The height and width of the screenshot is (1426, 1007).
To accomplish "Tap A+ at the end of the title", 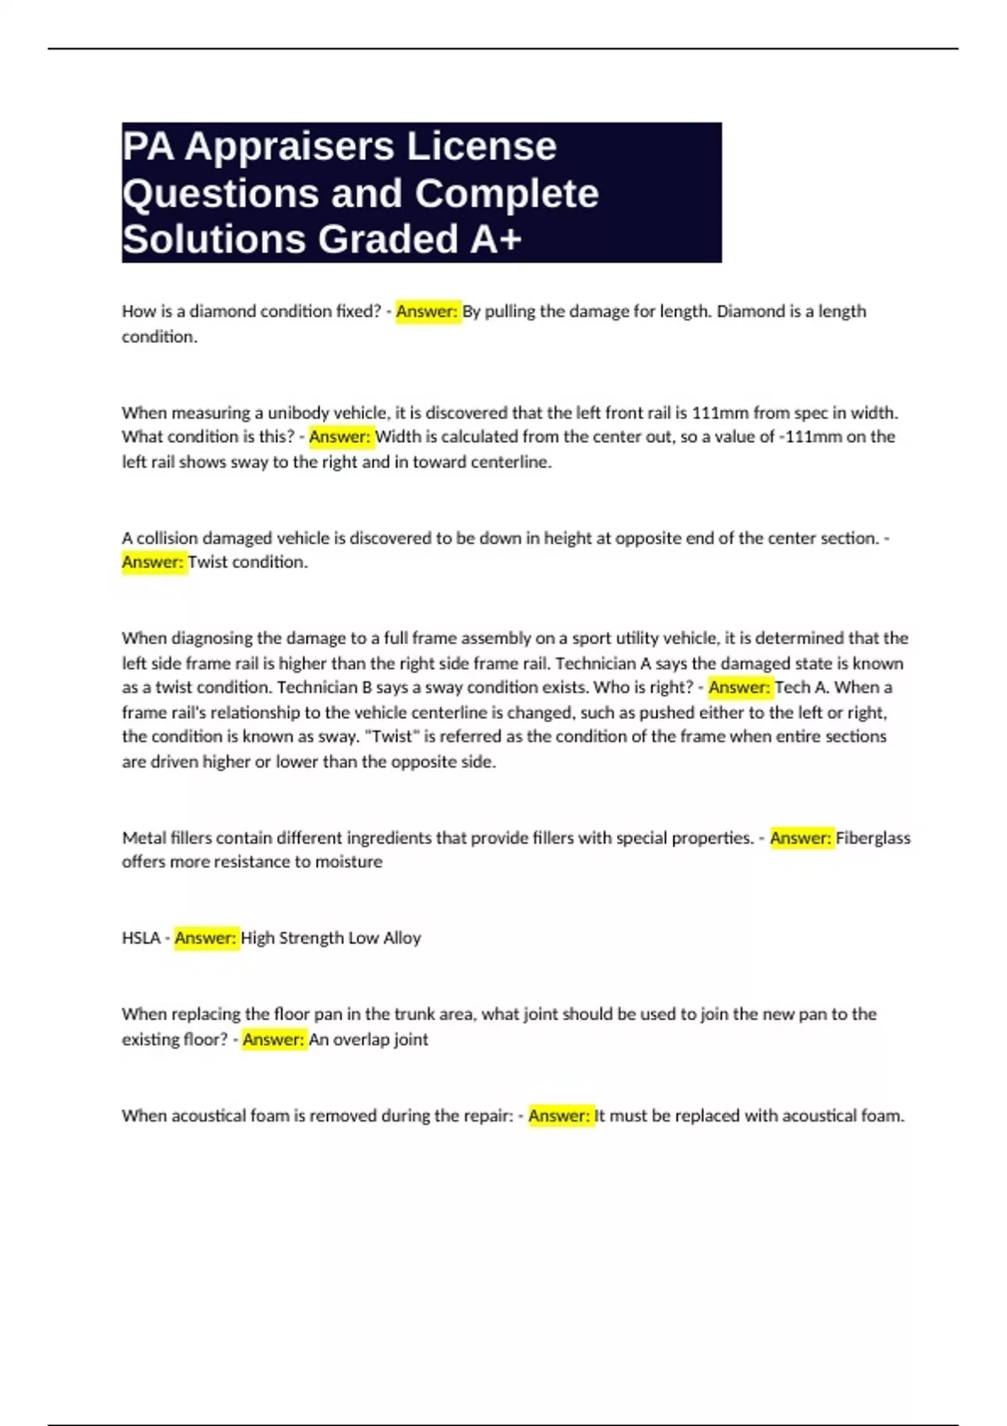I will (x=496, y=239).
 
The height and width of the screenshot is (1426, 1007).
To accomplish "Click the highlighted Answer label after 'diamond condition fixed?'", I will (x=427, y=311).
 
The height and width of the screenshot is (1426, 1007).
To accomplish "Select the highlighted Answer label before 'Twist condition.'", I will (x=153, y=562).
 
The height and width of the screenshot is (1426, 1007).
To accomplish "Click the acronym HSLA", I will (x=140, y=938).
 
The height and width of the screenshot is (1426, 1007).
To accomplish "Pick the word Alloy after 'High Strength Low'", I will (x=402, y=938).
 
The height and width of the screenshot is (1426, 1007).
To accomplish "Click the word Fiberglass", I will (x=873, y=838).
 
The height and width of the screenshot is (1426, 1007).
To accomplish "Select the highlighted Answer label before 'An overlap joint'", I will (x=274, y=1039).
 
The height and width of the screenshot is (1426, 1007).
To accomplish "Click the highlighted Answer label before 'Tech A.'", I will (x=739, y=688).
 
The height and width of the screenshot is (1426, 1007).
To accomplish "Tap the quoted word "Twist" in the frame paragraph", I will (x=393, y=736).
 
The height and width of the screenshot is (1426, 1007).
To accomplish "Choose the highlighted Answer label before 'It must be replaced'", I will (x=560, y=1116).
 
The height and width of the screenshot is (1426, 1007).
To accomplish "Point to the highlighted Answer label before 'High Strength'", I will (x=206, y=938).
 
